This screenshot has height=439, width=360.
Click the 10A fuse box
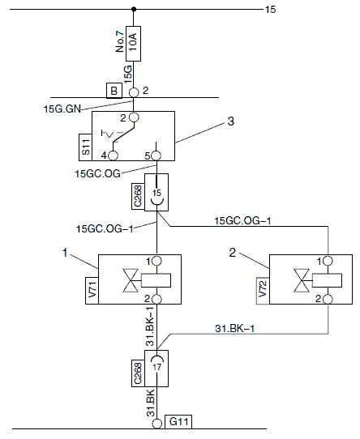(x=133, y=44)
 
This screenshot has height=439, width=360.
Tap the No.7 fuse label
(x=120, y=41)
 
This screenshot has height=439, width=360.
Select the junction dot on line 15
(x=134, y=9)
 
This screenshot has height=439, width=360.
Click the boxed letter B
(x=114, y=91)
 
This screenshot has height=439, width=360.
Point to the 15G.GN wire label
(x=62, y=109)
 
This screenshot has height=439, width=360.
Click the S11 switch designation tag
(x=85, y=147)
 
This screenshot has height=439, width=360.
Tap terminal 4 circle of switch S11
(x=113, y=156)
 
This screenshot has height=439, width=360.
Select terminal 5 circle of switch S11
(x=156, y=156)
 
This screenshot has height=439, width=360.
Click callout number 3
(x=230, y=121)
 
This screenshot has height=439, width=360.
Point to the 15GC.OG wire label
(x=97, y=173)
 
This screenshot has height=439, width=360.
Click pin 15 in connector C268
(x=156, y=193)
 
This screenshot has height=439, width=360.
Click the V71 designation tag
(x=92, y=290)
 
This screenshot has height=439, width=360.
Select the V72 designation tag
(x=263, y=290)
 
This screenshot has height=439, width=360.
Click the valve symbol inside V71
(x=131, y=280)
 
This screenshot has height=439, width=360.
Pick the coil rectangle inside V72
(x=327, y=280)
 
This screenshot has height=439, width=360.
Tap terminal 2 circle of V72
(x=328, y=300)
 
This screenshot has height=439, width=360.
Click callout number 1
(x=65, y=253)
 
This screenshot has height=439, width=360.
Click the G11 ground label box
(x=178, y=422)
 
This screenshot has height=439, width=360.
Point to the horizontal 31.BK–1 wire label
(x=234, y=328)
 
